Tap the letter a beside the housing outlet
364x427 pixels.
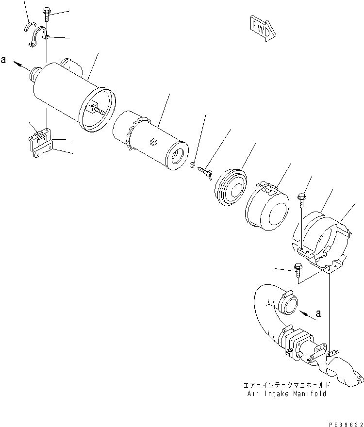(4, 60)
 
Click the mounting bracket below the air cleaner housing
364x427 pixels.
(42, 143)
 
